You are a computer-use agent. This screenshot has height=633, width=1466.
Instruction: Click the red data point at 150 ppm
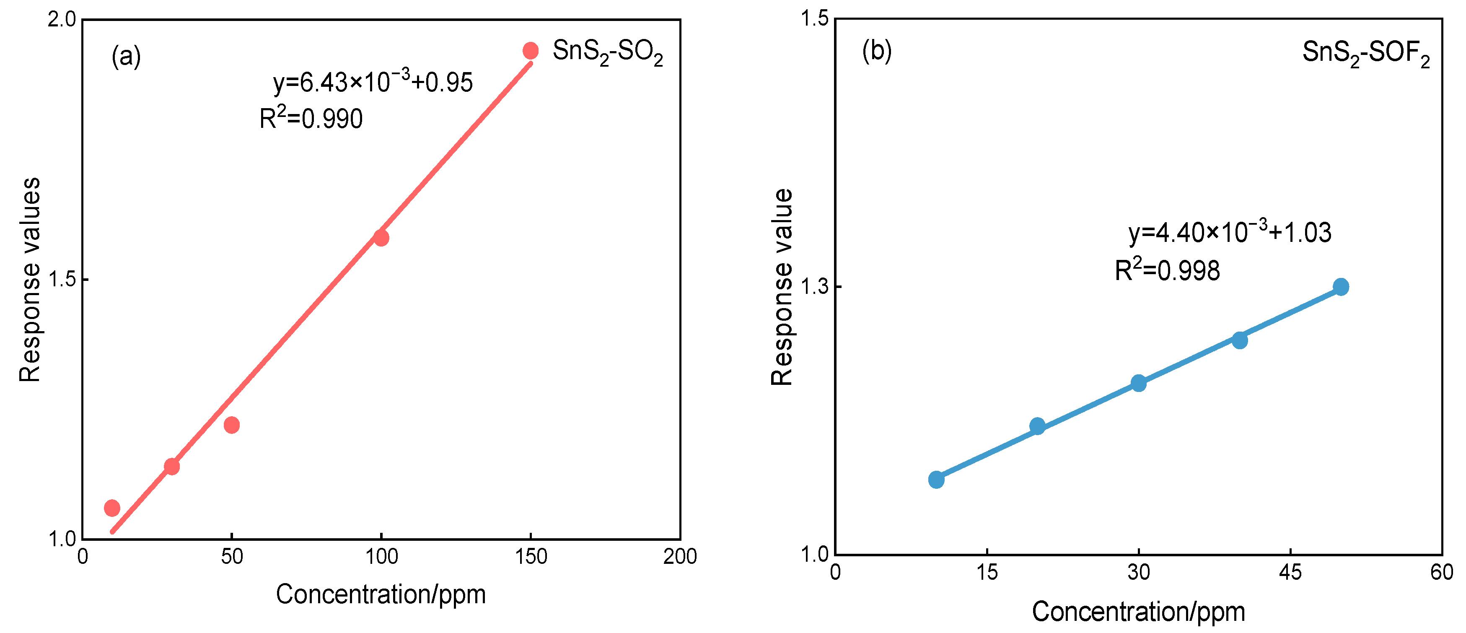(x=531, y=51)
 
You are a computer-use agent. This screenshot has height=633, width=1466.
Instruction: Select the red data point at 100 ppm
(x=381, y=237)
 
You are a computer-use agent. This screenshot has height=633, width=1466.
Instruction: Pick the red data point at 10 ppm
(x=112, y=508)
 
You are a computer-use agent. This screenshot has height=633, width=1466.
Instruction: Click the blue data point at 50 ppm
(x=1341, y=286)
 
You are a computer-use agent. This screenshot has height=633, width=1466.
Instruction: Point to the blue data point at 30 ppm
(x=1138, y=383)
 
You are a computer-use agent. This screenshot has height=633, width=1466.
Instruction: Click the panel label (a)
(x=126, y=56)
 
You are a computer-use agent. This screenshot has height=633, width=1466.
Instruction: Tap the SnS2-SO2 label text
(x=607, y=52)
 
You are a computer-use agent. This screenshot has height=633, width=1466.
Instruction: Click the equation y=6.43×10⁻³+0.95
(x=373, y=81)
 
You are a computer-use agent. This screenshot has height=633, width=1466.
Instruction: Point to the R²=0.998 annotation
(x=1167, y=270)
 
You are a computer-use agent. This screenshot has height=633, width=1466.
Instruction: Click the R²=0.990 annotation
(x=311, y=118)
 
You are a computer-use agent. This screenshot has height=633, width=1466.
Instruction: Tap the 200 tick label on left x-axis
(x=679, y=556)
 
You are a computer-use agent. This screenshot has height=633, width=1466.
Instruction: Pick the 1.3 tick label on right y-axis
(x=814, y=287)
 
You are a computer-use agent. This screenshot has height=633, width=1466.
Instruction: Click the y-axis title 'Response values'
(x=30, y=279)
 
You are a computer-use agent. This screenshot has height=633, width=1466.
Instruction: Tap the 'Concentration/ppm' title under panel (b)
(x=1138, y=611)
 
